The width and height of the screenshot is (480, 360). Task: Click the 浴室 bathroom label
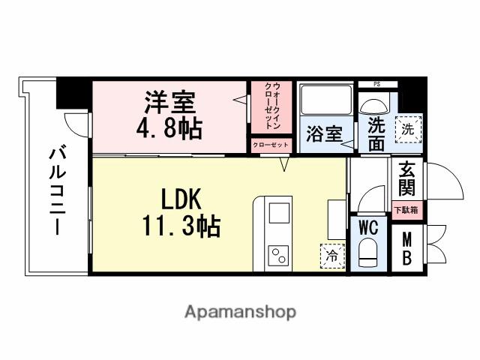(324, 135)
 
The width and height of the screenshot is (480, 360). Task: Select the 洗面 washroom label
(376, 131)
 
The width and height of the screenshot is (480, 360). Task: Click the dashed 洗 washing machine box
(409, 128)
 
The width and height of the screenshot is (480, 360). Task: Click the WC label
(367, 227)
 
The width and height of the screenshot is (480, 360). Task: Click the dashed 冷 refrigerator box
(331, 255)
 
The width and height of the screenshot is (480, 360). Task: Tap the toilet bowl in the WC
(367, 253)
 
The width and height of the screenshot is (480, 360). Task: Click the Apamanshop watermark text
(240, 311)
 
